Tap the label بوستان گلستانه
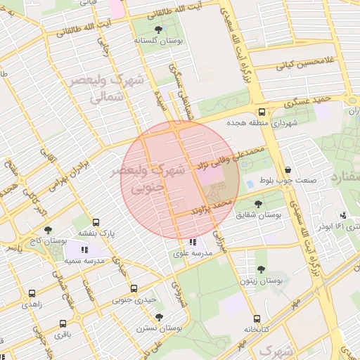point(157,41)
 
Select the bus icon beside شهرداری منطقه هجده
point(262,112)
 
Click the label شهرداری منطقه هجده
point(262,122)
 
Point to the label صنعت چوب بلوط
point(288,180)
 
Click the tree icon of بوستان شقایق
point(259,205)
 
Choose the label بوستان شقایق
point(259,215)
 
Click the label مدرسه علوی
point(193,255)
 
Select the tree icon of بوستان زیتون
point(261,269)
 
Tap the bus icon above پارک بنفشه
point(96,221)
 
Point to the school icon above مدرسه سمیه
point(84,250)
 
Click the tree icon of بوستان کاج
point(48,230)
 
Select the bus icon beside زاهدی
point(31,294)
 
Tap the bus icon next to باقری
point(63,324)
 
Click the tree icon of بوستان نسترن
point(159,317)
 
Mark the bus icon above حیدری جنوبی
point(134,289)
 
